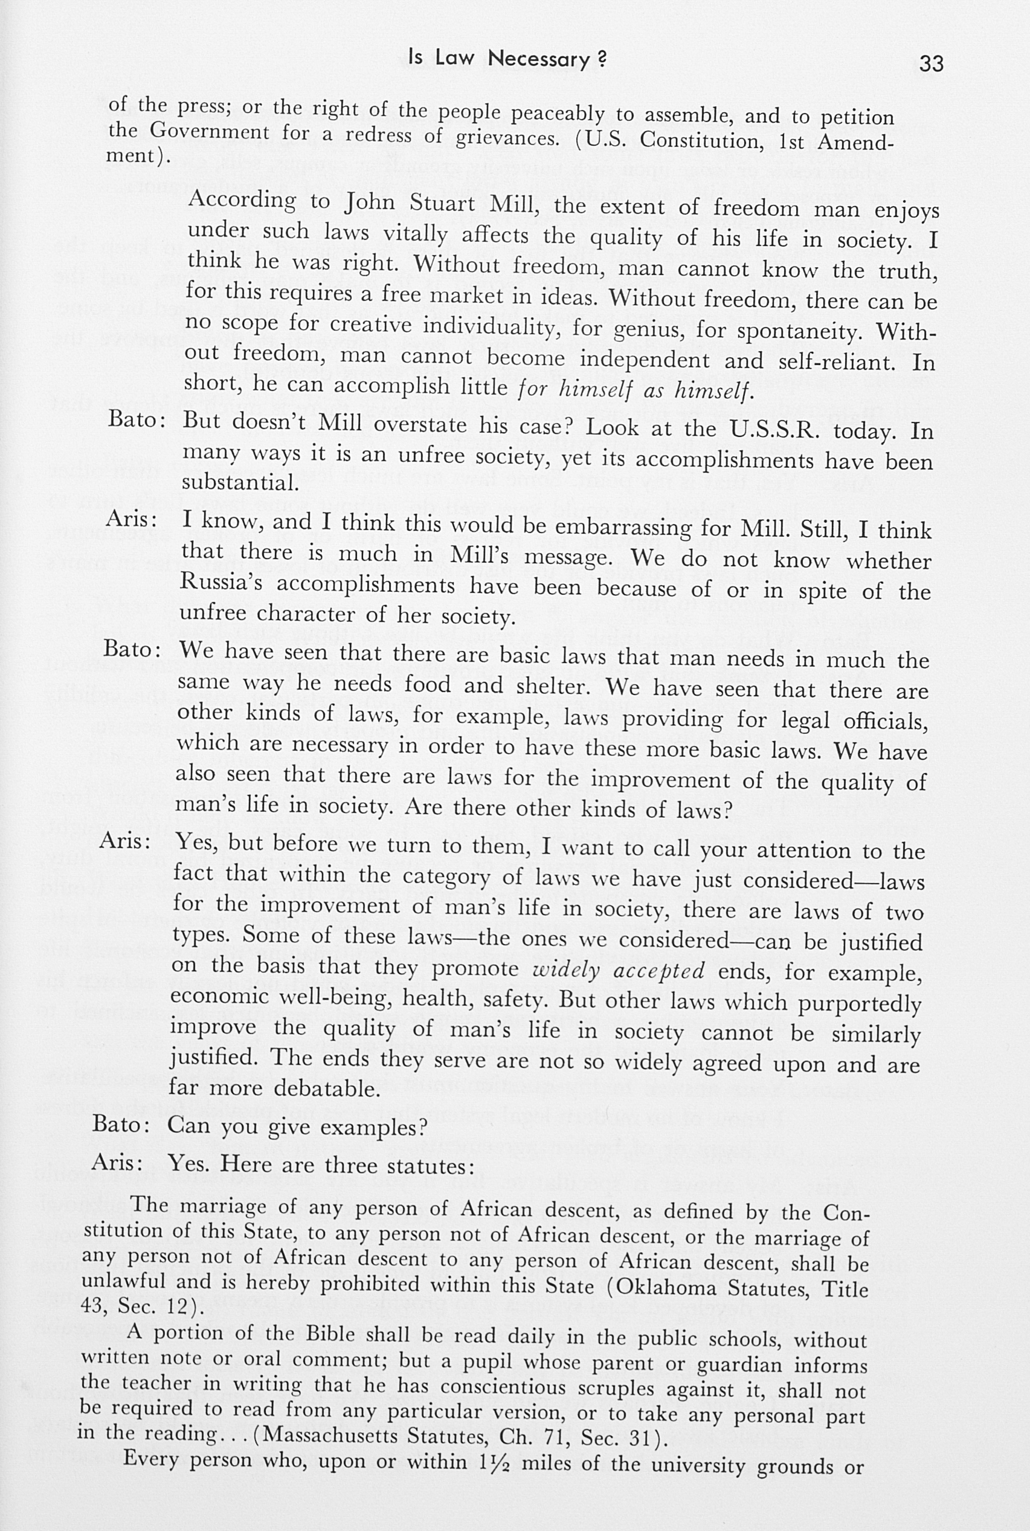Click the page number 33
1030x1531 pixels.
[931, 63]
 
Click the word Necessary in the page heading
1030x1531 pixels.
[539, 59]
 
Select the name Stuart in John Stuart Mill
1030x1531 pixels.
[446, 204]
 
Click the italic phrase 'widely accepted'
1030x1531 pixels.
[617, 971]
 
